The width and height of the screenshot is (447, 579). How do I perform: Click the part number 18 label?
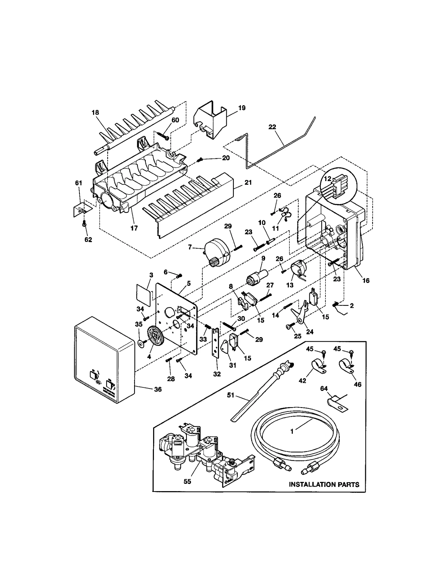[95, 112]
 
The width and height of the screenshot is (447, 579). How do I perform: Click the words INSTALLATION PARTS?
[324, 484]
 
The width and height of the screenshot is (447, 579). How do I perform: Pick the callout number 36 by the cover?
[158, 389]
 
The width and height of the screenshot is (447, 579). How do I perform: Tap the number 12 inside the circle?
[327, 178]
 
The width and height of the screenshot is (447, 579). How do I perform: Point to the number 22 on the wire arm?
[272, 127]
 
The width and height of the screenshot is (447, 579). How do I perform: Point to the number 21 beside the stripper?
[248, 182]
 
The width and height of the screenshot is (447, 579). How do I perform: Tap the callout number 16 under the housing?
[366, 280]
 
